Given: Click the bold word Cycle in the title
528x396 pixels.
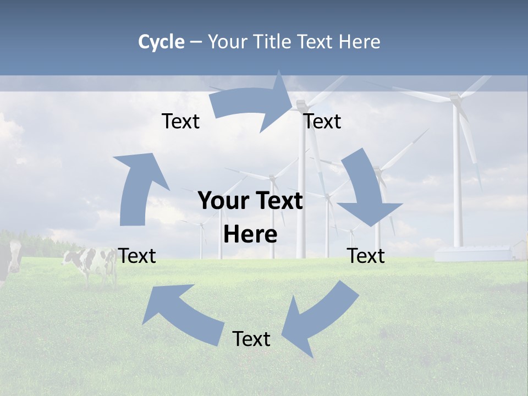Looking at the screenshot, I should [x=161, y=42].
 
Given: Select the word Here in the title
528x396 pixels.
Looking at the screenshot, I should [x=359, y=42].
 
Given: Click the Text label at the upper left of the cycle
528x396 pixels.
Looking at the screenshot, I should [x=180, y=122].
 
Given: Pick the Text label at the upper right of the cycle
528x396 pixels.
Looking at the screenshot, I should [x=322, y=122].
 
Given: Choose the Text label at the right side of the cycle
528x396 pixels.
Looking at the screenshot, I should [x=366, y=256].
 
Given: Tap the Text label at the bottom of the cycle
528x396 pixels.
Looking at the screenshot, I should [x=251, y=339].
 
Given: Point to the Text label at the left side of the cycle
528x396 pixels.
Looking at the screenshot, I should [x=137, y=256].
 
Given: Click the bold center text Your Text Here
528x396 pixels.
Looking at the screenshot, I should [x=250, y=217].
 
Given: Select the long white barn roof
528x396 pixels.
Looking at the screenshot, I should [x=473, y=254].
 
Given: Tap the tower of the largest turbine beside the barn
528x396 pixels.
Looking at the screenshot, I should [x=457, y=176].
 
